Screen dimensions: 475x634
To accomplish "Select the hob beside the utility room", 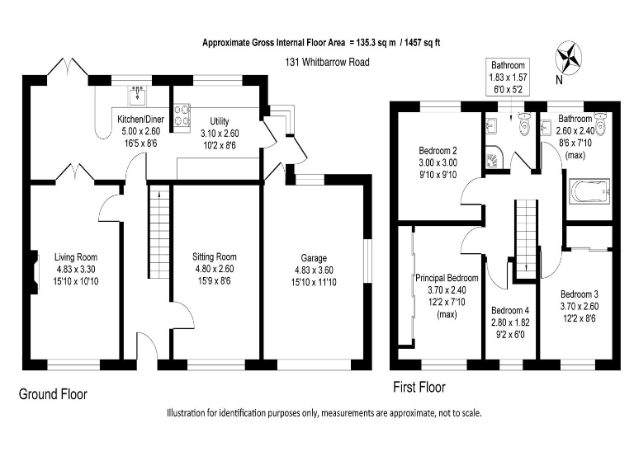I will click(x=181, y=115).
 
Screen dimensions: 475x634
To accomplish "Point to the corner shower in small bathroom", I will click(x=493, y=156).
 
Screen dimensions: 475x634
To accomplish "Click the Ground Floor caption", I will click(x=53, y=394).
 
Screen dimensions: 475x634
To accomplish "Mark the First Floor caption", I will click(x=418, y=387).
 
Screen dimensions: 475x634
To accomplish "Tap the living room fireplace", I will click(x=35, y=274).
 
